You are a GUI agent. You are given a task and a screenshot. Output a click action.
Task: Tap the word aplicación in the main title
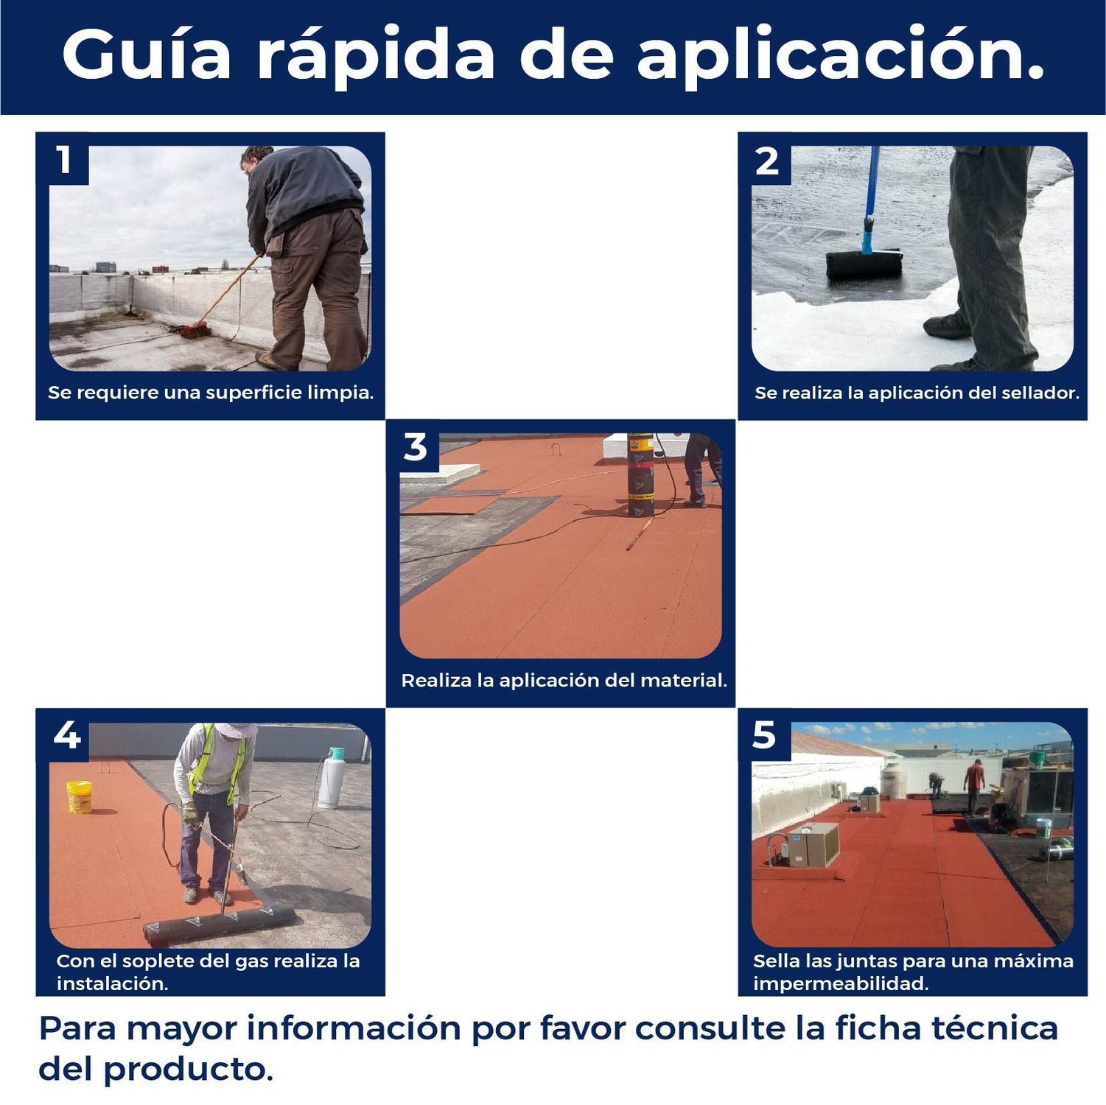(x=840, y=55)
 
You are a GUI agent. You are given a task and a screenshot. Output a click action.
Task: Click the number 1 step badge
(x=65, y=159)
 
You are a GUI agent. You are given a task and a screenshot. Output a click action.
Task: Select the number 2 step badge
(x=767, y=161)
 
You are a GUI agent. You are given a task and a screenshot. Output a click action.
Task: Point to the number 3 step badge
(x=416, y=447)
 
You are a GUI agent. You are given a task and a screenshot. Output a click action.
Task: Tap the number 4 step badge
(x=67, y=735)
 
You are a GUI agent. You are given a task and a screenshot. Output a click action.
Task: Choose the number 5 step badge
(x=765, y=735)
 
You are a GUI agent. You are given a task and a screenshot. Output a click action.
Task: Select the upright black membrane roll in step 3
(x=640, y=476)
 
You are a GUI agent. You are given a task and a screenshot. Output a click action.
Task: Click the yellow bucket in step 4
(x=79, y=797)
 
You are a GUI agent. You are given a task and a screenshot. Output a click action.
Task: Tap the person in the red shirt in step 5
(x=974, y=785)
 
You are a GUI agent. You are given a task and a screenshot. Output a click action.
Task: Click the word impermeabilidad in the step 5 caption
(x=840, y=983)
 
